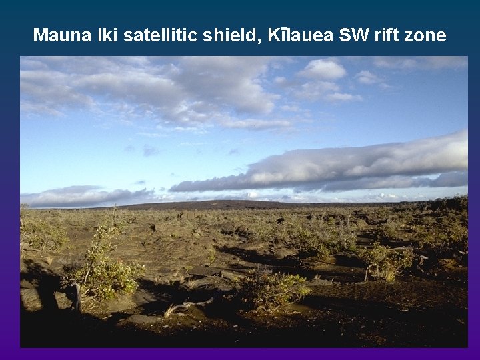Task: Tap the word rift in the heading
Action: (388, 35)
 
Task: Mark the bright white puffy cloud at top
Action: (323, 70)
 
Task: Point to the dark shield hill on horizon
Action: (200, 204)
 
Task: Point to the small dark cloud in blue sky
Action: (149, 151)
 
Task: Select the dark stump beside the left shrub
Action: (77, 297)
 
